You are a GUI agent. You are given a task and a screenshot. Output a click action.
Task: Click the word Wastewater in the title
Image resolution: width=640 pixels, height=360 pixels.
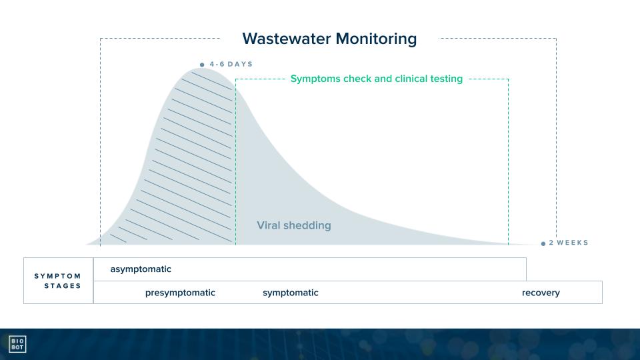(287, 39)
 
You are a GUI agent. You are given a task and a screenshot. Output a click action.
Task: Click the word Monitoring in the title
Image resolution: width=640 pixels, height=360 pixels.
(376, 39)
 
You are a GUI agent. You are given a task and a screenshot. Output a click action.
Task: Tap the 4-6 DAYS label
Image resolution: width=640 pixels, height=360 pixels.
(231, 64)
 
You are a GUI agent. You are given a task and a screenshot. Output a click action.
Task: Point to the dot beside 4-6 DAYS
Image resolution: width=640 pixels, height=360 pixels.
(202, 65)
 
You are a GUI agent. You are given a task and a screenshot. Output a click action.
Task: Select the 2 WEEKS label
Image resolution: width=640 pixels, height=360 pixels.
(568, 243)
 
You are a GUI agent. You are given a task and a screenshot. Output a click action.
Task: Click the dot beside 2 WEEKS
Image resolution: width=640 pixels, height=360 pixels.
(543, 244)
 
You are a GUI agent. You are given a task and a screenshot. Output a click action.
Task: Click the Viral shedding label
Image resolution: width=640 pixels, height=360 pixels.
(294, 225)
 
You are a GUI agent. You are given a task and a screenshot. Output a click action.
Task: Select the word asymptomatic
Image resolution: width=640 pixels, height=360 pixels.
(141, 269)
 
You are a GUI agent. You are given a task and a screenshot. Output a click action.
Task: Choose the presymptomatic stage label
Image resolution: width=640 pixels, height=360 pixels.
(180, 293)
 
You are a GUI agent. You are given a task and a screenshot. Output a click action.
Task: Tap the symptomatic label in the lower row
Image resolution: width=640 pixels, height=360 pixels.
(290, 293)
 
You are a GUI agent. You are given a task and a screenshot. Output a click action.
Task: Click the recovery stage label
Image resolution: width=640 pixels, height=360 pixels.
(541, 293)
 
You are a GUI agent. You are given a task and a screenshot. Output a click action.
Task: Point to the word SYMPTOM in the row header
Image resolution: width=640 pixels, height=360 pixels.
(57, 276)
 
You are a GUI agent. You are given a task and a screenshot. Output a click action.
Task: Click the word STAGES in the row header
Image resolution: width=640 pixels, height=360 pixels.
(63, 286)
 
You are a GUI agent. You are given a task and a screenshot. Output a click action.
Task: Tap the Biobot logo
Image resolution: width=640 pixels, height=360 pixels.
(17, 344)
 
